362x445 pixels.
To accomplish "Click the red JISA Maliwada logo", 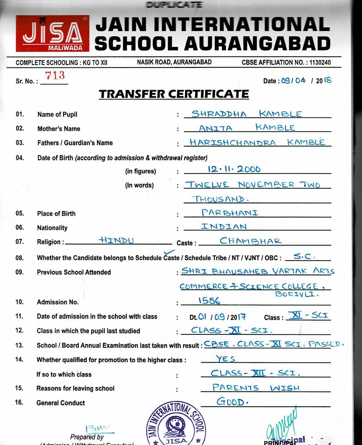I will (x=52, y=33).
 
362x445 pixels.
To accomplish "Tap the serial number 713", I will (x=55, y=76).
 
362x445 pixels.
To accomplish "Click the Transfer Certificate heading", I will (x=174, y=94).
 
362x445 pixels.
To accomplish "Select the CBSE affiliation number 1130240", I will (x=320, y=63).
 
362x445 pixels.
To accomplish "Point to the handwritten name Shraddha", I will (x=219, y=114).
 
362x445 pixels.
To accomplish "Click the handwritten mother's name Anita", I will (x=215, y=128).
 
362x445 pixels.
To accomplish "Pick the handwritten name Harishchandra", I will (x=233, y=143).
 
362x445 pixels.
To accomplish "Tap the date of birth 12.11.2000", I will (x=234, y=169).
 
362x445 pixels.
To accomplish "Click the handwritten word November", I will (x=266, y=185).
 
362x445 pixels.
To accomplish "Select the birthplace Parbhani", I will (x=230, y=213).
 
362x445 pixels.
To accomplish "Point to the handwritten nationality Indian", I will (x=224, y=227).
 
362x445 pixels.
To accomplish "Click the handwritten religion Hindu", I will (x=116, y=240).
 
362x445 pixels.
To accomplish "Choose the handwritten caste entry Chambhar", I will (x=251, y=241).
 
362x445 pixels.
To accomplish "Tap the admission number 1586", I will (x=209, y=300).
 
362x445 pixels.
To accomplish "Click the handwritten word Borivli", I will (x=297, y=294).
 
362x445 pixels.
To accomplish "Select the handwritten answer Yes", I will (x=226, y=359).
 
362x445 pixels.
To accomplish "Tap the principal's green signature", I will (x=282, y=425).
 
